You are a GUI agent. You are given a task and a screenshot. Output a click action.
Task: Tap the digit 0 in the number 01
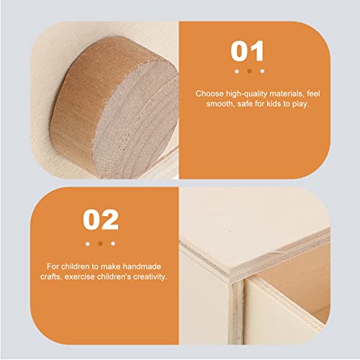pyautogui.click(x=239, y=52)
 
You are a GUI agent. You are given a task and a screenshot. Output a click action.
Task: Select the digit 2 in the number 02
pyautogui.click(x=108, y=219)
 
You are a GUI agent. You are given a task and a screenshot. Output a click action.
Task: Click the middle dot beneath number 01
pyautogui.click(x=248, y=71)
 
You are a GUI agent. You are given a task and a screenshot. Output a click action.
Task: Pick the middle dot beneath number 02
pyautogui.click(x=99, y=243)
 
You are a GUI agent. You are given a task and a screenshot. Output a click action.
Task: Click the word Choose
pyautogui.click(x=209, y=94)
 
